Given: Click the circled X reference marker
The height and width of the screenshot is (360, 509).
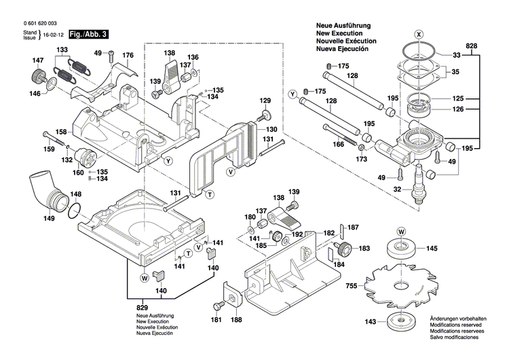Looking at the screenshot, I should click(419, 34).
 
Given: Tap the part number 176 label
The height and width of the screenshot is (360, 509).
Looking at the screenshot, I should click(128, 54).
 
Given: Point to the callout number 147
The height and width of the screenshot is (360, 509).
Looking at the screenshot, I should click(38, 61).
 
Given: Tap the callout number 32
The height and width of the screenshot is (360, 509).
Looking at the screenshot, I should click(398, 190).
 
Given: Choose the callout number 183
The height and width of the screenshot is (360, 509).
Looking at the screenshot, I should click(365, 249).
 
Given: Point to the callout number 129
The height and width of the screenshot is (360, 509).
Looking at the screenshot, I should click(265, 101).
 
